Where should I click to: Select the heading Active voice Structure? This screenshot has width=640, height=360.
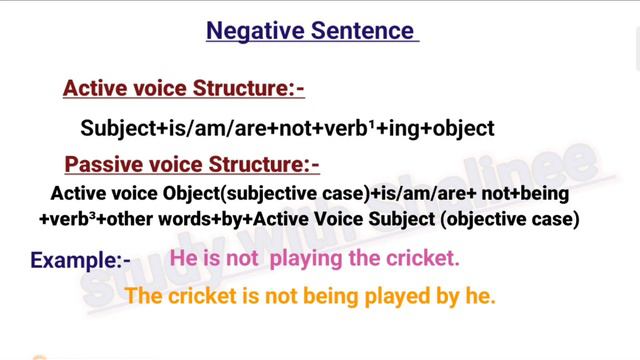pos(183,89)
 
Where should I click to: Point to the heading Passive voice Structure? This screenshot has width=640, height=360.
pos(191,163)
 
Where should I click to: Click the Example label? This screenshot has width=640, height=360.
pos(80,261)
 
